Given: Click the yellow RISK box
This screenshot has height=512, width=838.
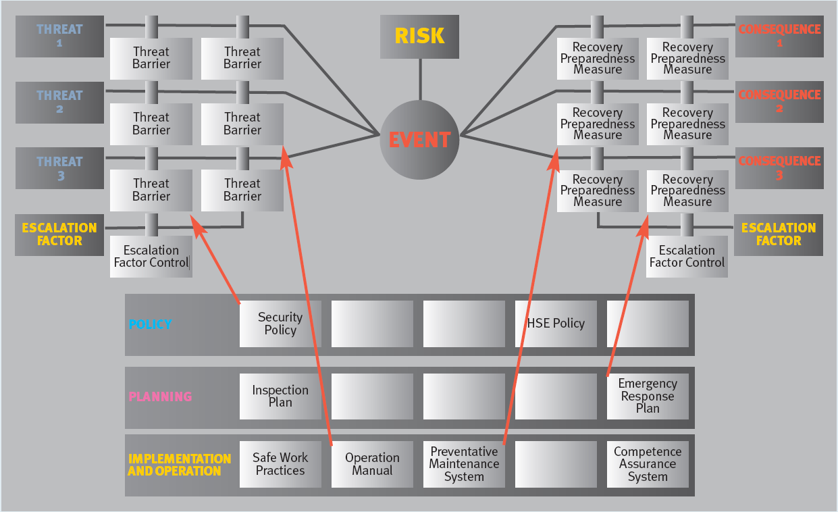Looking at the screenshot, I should click(x=419, y=36).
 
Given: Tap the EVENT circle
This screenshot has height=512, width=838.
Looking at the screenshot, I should click(x=419, y=140).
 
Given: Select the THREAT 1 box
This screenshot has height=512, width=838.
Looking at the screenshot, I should click(x=59, y=36).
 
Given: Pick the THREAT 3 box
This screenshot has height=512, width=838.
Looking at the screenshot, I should click(x=59, y=168).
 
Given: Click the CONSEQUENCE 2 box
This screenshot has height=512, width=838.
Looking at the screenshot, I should click(x=779, y=102).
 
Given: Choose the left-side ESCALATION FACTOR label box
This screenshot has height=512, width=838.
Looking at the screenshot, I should click(x=59, y=234).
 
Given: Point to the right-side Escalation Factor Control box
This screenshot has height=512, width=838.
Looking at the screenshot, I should click(x=687, y=257).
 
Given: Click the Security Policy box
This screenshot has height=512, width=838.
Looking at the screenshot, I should click(x=280, y=324).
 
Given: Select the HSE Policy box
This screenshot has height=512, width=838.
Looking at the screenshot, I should click(x=556, y=324).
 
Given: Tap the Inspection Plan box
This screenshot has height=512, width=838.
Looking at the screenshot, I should click(x=280, y=396).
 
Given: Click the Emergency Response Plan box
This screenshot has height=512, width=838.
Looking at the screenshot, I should click(x=648, y=396).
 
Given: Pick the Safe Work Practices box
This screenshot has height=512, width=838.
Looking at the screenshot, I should click(x=280, y=464).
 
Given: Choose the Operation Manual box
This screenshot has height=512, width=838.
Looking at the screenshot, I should click(x=372, y=464).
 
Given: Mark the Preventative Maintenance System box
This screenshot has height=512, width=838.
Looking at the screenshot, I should click(x=464, y=464).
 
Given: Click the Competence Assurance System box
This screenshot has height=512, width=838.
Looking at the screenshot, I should click(x=648, y=464).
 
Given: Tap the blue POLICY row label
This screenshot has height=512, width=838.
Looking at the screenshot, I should click(x=150, y=324).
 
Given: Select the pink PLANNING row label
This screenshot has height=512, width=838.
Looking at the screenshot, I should click(x=160, y=396).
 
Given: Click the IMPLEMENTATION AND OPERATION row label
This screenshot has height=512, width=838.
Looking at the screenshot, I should click(x=179, y=465).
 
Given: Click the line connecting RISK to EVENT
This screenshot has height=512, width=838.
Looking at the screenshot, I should click(x=420, y=80).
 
